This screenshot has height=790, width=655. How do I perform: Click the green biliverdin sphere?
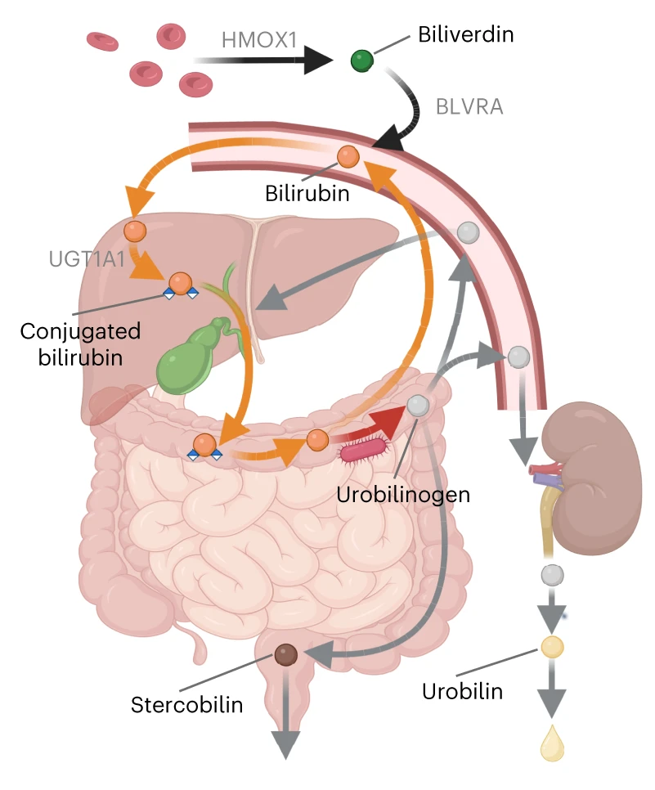[361, 61]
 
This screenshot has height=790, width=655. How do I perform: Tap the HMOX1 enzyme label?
[259, 40]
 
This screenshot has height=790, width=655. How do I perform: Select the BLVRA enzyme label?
[469, 107]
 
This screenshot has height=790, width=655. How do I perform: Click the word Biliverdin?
[466, 34]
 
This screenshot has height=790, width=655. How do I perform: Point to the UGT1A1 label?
[87, 259]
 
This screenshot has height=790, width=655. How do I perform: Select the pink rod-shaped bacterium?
[364, 450]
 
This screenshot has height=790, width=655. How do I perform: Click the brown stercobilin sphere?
[285, 654]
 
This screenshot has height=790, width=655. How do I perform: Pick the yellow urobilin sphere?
[552, 647]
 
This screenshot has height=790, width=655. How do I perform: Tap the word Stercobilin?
[187, 704]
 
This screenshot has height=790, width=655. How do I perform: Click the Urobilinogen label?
[403, 494]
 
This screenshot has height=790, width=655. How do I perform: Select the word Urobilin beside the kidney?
[463, 691]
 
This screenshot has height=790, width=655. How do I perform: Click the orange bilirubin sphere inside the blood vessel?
[348, 157]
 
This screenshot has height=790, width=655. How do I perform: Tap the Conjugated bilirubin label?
[80, 344]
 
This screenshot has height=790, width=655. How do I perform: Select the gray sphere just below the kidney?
[552, 575]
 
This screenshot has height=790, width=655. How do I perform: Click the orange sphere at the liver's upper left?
[135, 231]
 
